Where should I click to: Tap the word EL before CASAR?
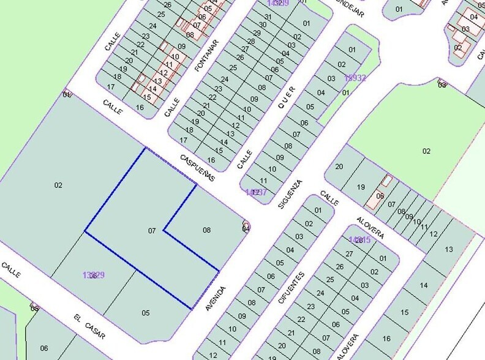[78, 318]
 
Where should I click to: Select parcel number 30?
[261, 24]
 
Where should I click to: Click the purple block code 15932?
[355, 78]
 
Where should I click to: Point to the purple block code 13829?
[93, 275]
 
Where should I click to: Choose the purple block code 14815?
[359, 239]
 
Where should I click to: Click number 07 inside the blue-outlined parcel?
[152, 231]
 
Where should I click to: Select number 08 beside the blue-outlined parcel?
[207, 230]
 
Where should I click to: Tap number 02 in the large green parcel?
[426, 151]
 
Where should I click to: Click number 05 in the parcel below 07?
[146, 313]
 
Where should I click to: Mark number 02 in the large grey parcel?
[59, 185]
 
